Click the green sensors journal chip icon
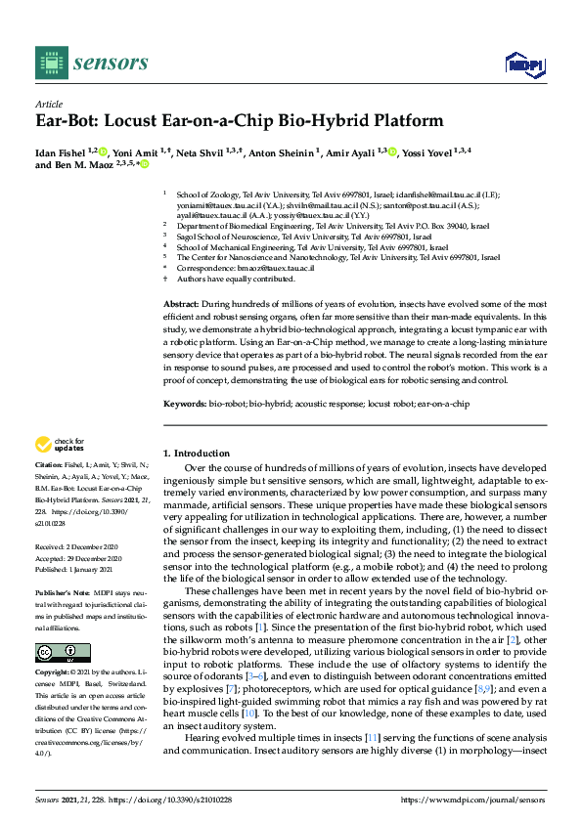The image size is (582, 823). point(49,62)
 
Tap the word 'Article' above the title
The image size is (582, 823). point(48,103)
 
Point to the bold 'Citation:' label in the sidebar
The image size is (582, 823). point(49,465)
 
